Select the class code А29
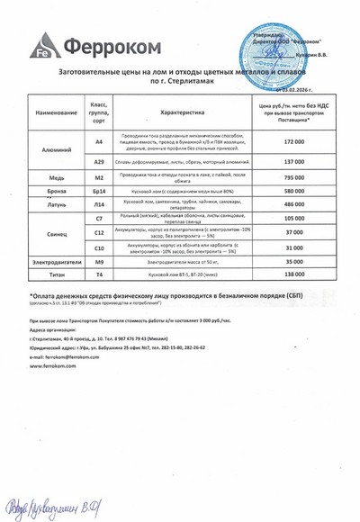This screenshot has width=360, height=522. pos(99,161)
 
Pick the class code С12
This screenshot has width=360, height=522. pos(99,232)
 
